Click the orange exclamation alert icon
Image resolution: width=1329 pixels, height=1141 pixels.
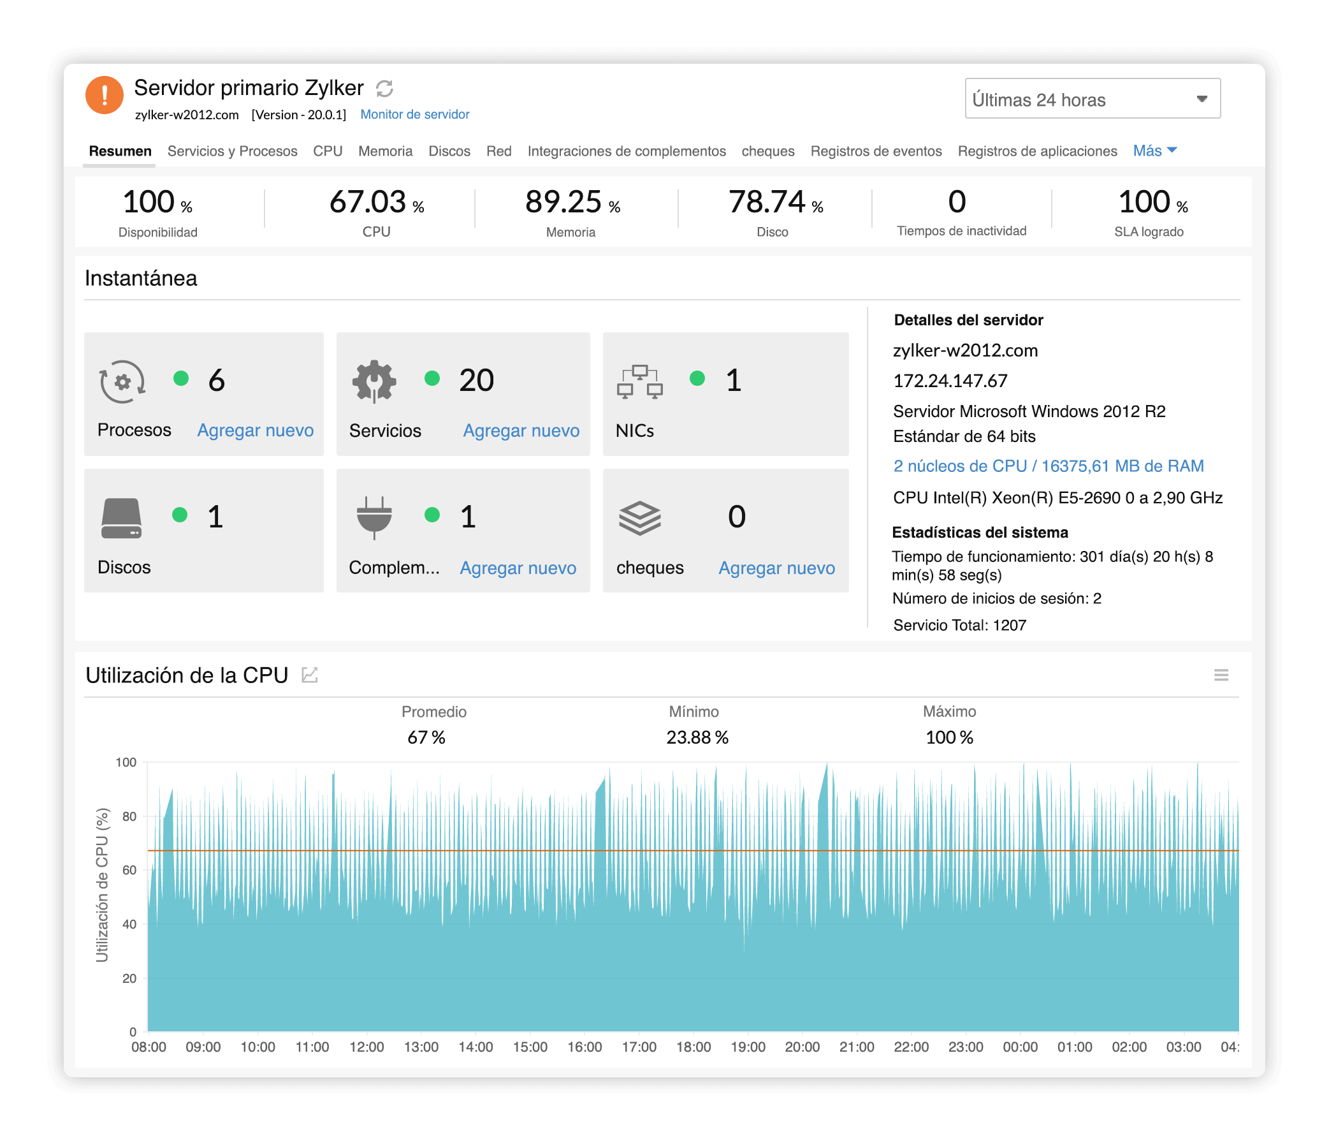104,95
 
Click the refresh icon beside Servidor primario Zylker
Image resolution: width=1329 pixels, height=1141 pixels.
384,89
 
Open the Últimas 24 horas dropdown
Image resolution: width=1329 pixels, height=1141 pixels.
1092,99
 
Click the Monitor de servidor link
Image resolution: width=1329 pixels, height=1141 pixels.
414,114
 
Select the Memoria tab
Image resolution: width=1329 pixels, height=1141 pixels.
385,151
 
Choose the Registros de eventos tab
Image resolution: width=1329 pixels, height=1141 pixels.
876,151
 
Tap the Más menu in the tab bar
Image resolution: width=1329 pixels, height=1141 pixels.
1154,150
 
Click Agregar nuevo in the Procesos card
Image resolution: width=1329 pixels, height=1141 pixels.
255,430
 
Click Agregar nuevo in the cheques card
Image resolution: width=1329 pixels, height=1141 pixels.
776,568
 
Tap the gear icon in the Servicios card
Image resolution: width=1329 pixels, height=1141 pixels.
374,381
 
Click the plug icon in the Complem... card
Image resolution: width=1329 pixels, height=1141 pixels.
374,517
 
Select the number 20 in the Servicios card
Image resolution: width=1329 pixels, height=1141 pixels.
476,380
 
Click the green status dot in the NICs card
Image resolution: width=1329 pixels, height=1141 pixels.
697,379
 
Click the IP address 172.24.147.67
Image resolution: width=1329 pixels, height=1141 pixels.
950,381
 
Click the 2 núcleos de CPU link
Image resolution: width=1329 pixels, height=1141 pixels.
1048,466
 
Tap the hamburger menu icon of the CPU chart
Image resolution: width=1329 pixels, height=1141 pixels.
1221,675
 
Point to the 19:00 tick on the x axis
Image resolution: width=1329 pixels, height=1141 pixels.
748,1047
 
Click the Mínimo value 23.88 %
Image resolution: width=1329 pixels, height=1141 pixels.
697,737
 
